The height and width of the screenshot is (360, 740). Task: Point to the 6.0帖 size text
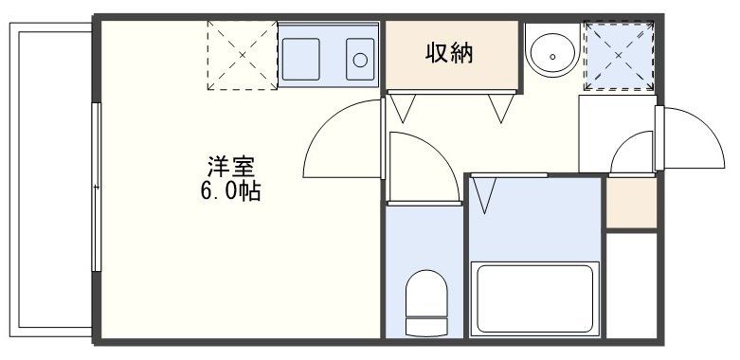230,190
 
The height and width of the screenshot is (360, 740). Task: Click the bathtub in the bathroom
533,297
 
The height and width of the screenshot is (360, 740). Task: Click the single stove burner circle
360,60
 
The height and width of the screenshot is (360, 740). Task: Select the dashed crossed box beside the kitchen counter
242,56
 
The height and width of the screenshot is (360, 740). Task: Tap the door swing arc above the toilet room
417,166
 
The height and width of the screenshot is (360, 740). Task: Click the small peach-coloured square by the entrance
630,202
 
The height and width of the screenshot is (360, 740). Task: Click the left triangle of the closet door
402,108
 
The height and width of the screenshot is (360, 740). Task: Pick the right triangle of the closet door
499,108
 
